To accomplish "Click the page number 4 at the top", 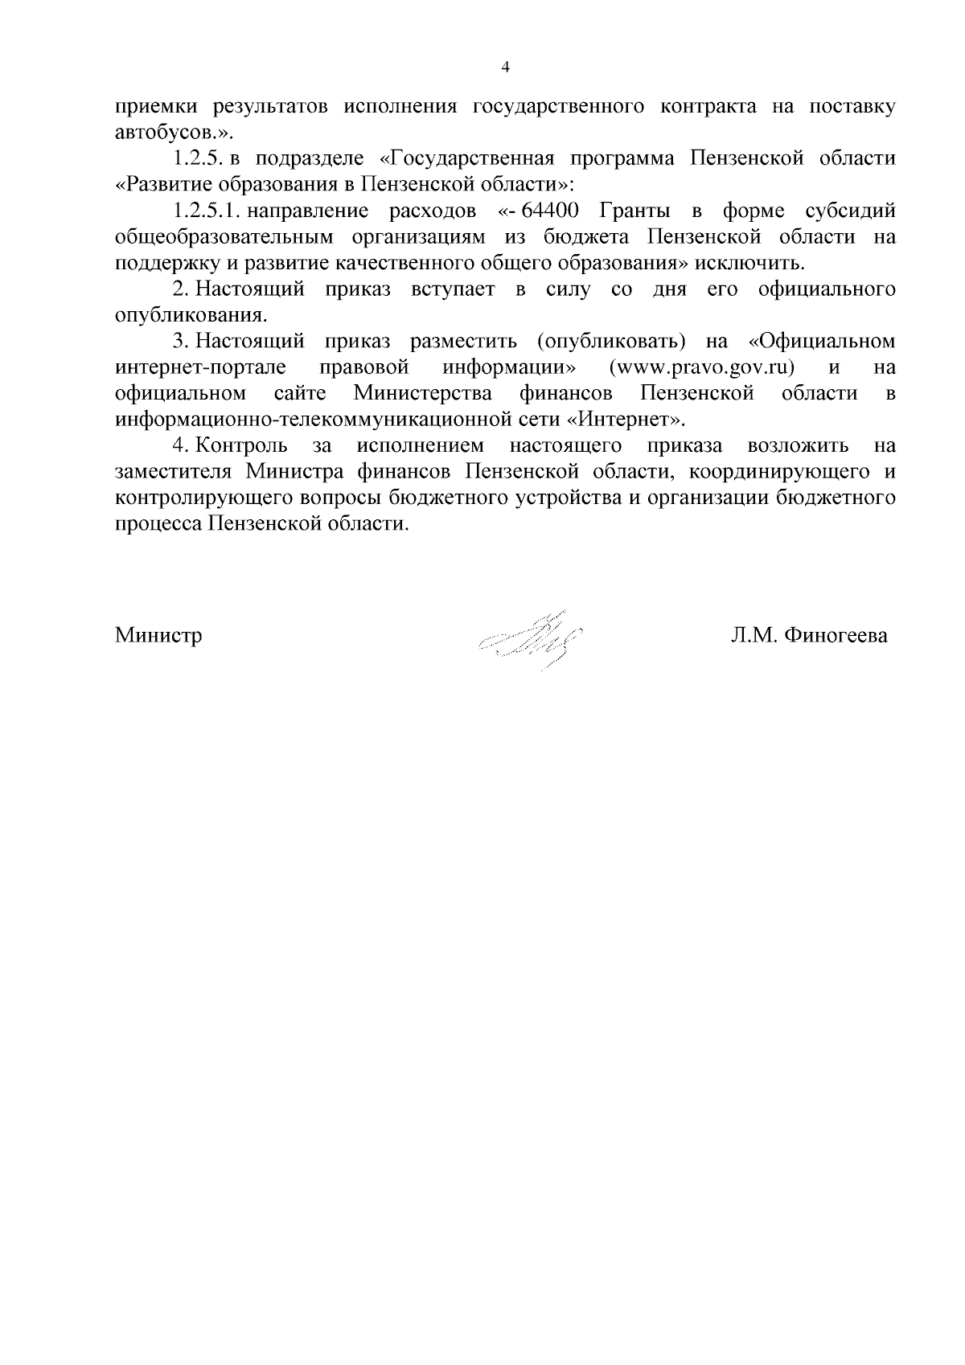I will (x=505, y=68).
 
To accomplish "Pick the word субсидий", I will (x=850, y=211).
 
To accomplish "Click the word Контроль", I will (x=241, y=445).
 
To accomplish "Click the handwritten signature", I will (x=531, y=639).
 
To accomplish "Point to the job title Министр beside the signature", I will (x=158, y=636).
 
